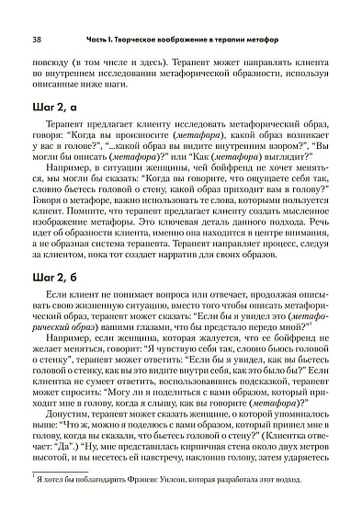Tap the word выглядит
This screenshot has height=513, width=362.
[x=283, y=159]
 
